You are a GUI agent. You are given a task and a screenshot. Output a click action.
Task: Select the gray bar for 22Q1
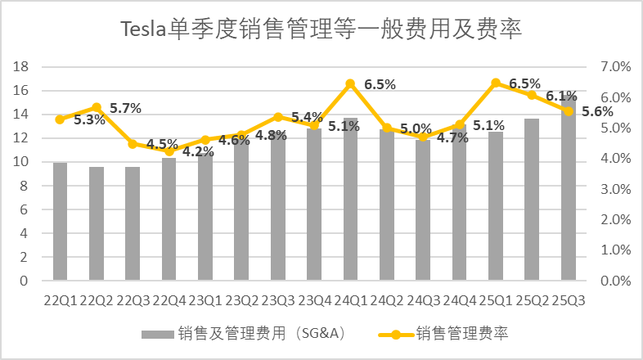(x=60, y=222)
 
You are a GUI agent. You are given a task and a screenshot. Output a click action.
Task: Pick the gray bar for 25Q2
(x=532, y=200)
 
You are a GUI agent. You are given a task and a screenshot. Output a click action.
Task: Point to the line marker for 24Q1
(x=350, y=83)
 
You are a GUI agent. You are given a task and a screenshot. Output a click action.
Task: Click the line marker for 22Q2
(x=96, y=107)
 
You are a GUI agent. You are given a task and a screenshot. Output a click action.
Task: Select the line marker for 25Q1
(x=496, y=83)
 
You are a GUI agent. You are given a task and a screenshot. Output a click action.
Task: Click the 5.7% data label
(x=125, y=108)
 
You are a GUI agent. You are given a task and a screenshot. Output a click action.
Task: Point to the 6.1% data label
(x=561, y=96)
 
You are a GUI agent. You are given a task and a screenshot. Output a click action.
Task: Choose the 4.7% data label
(x=452, y=137)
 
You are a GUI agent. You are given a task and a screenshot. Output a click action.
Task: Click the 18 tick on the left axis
(x=24, y=67)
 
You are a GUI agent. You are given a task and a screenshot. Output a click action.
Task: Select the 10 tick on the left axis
(x=24, y=162)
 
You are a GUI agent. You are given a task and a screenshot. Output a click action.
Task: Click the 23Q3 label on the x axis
(x=277, y=300)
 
